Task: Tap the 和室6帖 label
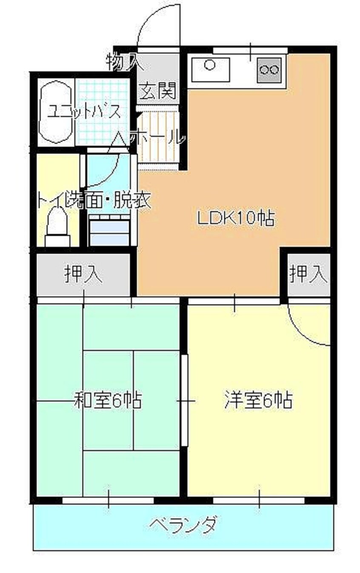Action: (108, 400)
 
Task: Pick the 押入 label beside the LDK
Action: (309, 274)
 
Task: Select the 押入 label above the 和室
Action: (83, 274)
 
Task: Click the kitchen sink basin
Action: (210, 68)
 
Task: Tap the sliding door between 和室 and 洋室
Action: (184, 400)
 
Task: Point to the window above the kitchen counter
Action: (250, 50)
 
